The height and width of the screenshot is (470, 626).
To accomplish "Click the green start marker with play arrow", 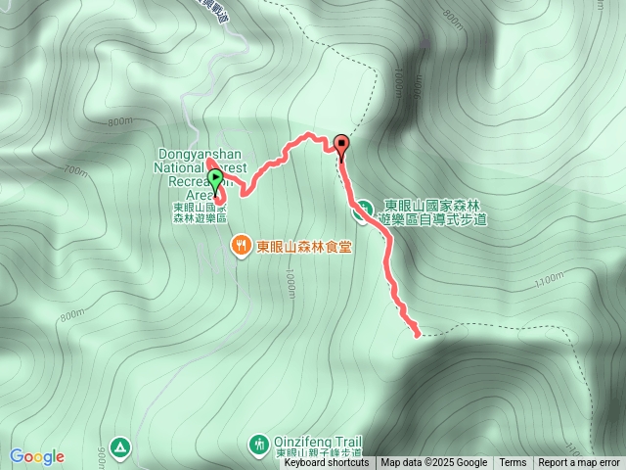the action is click(215, 179).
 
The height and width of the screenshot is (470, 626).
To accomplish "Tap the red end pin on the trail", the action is click(341, 145).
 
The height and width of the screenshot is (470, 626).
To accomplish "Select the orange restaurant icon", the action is click(241, 247).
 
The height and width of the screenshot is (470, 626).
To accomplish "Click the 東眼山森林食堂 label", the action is click(304, 247).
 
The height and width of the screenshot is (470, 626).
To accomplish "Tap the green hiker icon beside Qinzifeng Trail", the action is click(258, 444).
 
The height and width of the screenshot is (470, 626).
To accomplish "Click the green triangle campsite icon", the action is click(119, 446).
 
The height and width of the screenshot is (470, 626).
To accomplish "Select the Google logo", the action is click(37, 456).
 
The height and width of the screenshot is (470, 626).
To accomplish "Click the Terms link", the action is click(513, 463).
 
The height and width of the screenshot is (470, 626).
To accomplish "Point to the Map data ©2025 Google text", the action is click(434, 463).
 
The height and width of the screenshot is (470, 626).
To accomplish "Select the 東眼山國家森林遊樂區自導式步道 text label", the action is click(434, 211).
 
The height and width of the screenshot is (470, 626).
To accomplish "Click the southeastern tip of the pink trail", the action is click(419, 334).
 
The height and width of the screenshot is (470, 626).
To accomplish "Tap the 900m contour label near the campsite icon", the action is click(102, 456).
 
